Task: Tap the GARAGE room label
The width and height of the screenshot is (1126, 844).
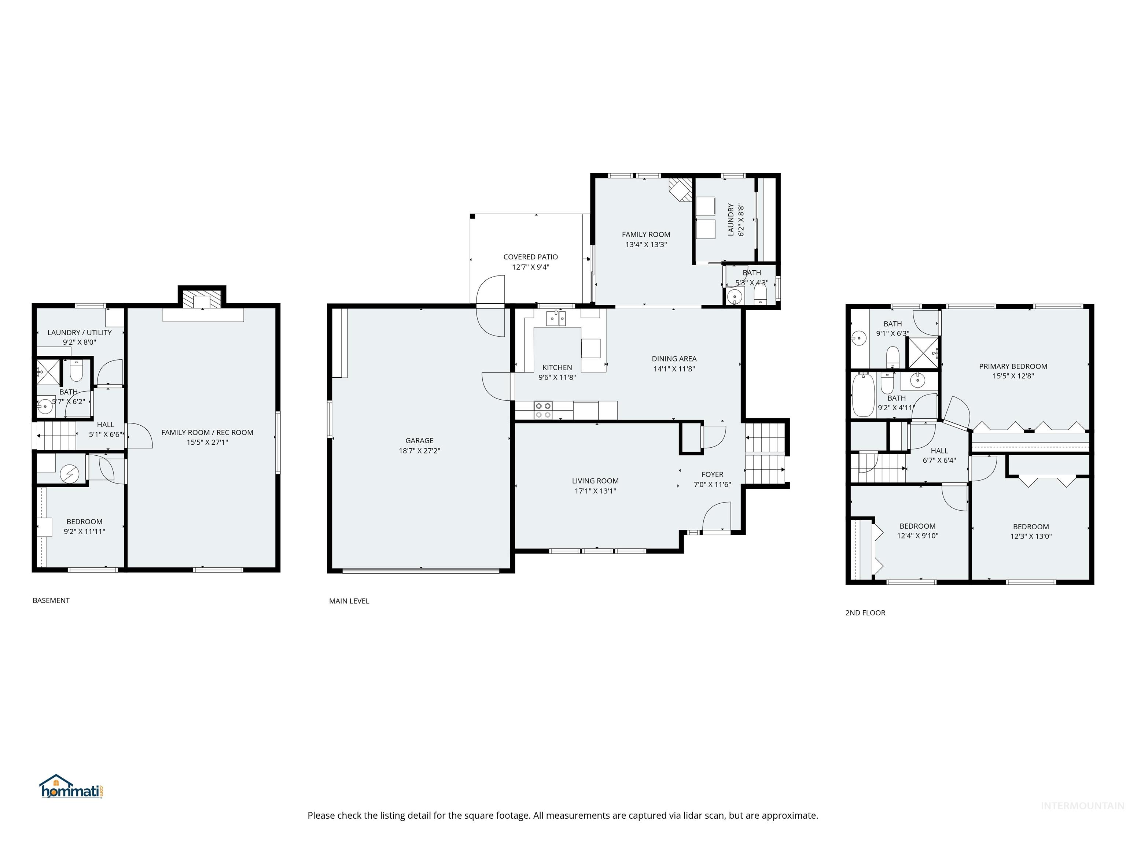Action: pos(419,441)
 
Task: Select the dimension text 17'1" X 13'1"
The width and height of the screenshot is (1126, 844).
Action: pos(595,491)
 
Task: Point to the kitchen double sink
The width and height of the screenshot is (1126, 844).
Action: pos(556,318)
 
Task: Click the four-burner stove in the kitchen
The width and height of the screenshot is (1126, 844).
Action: pos(543,410)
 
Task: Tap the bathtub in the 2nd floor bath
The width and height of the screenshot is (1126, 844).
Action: pos(863,395)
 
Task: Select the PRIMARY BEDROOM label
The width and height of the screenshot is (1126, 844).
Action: pos(1013,366)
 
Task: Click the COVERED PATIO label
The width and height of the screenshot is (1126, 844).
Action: pos(530,257)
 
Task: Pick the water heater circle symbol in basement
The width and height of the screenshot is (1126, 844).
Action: pos(70,474)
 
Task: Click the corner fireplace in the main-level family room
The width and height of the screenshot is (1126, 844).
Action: pos(681,189)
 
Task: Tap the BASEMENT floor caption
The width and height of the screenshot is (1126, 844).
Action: pos(51,600)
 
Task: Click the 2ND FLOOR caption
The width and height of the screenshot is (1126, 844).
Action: pos(865,612)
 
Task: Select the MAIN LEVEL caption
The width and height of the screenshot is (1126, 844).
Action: pos(349,601)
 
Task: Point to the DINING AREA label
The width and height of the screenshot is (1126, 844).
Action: pos(674,359)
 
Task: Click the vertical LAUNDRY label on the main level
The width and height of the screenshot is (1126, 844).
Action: pos(731,219)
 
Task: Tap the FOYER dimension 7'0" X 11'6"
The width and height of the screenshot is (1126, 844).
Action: pos(712,484)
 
